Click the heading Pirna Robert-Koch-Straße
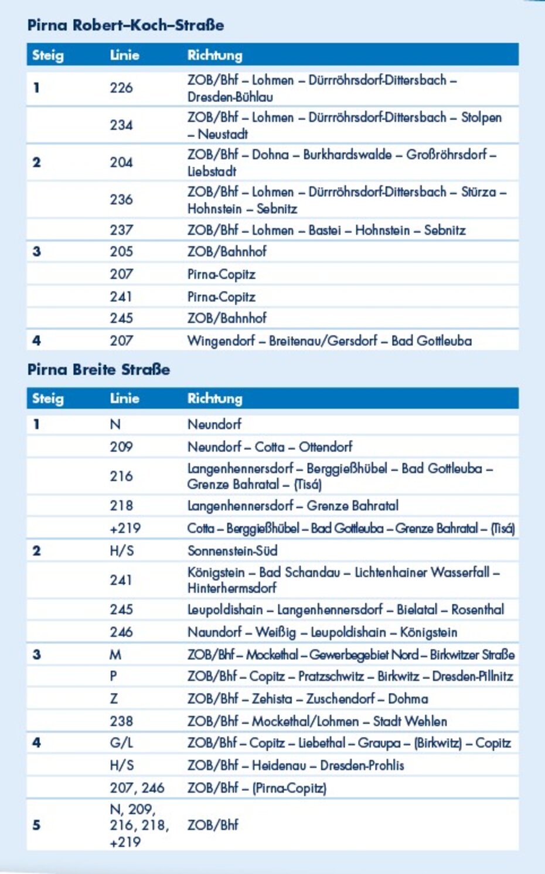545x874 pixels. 125,25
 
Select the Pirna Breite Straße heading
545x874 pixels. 98,369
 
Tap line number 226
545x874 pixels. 121,88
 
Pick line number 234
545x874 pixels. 121,125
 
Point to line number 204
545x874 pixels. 121,162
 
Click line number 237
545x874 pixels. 121,230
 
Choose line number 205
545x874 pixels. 121,252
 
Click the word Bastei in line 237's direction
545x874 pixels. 325,230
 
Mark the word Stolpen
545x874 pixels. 481,117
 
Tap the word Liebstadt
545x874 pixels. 212,172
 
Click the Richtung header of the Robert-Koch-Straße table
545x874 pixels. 214,56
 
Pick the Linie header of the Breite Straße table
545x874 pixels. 124,399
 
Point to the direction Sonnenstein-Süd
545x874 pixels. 232,551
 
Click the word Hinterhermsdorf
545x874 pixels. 231,588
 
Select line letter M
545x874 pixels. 115,654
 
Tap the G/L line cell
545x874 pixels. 121,743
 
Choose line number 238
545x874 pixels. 121,721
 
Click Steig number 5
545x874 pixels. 36,825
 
